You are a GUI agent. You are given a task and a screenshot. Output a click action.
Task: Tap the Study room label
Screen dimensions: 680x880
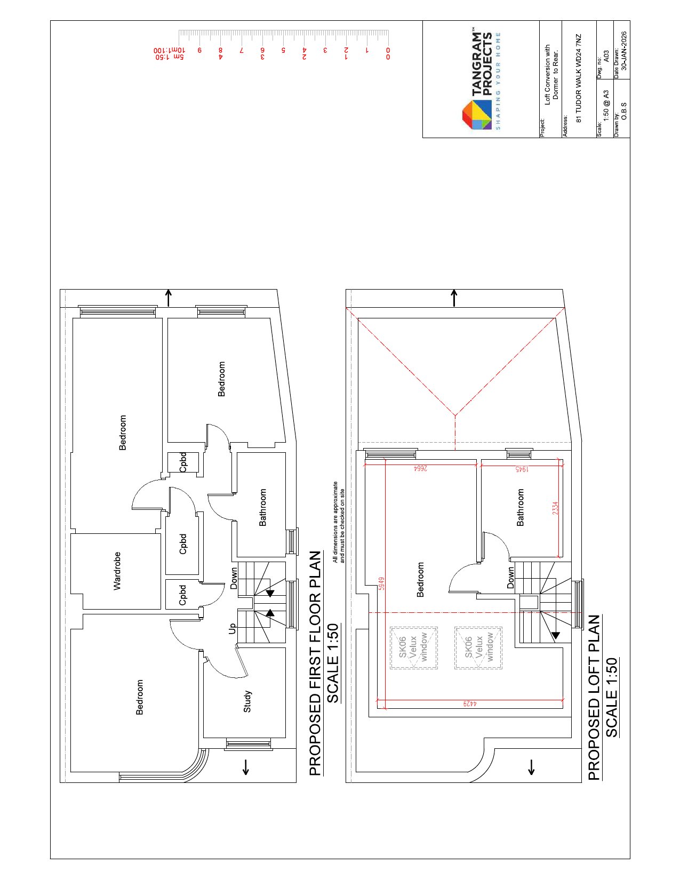click(247, 701)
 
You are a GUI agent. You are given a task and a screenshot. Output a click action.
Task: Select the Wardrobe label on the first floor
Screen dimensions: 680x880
click(117, 571)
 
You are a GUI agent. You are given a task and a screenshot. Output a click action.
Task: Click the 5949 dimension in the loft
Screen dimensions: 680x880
click(381, 583)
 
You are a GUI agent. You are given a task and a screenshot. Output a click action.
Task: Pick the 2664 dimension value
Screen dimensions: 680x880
click(420, 469)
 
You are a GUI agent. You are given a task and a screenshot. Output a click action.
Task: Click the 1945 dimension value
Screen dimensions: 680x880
click(522, 469)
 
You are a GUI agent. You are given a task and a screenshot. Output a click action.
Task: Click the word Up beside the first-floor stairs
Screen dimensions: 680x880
click(232, 628)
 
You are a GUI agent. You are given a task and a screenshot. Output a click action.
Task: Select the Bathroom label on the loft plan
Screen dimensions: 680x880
click(520, 507)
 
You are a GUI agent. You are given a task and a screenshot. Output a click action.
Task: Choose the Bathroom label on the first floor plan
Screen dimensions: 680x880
click(262, 507)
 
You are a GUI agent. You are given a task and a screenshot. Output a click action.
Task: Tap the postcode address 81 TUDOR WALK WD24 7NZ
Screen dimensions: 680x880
click(578, 78)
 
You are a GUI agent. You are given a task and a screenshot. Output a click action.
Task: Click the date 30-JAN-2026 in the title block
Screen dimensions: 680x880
click(624, 51)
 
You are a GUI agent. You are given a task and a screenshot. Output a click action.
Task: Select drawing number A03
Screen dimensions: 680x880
click(606, 56)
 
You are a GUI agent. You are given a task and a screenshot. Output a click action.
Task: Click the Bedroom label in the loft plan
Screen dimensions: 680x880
click(420, 580)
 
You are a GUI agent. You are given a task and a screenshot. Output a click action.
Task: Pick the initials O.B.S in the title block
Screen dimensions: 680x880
click(624, 111)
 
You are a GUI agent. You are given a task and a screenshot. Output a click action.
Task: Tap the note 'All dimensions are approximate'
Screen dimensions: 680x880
click(335, 522)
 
